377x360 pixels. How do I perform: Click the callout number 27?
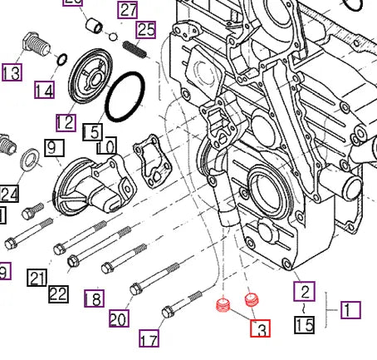click(x=127, y=11)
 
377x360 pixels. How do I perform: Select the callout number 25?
click(x=146, y=31)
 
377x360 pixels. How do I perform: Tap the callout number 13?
click(x=12, y=72)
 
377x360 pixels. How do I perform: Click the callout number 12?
click(x=66, y=122)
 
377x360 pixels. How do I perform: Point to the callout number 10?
click(x=105, y=147)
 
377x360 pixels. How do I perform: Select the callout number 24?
click(x=9, y=194)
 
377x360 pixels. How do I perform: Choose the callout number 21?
click(x=36, y=278)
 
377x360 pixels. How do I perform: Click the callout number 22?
click(x=58, y=293)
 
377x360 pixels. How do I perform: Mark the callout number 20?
click(x=119, y=318)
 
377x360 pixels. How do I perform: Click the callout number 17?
click(x=149, y=339)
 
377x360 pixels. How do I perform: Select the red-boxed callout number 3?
click(x=261, y=329)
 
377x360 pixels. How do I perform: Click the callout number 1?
click(x=350, y=309)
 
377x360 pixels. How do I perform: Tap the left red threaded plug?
click(x=222, y=307)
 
